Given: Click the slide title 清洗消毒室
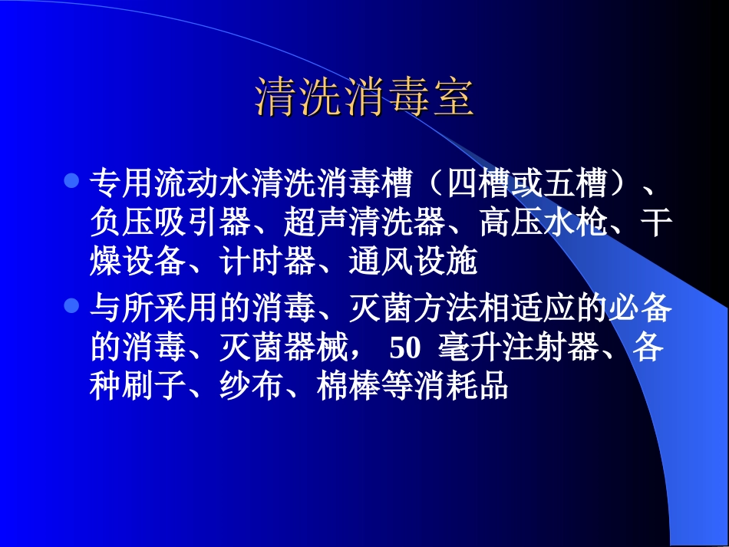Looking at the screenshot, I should (364, 98).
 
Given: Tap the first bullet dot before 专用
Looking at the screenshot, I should (71, 181).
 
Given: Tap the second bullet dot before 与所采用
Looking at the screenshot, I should (71, 306).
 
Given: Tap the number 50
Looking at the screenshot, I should (406, 348).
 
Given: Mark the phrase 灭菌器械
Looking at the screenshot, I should (283, 348).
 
